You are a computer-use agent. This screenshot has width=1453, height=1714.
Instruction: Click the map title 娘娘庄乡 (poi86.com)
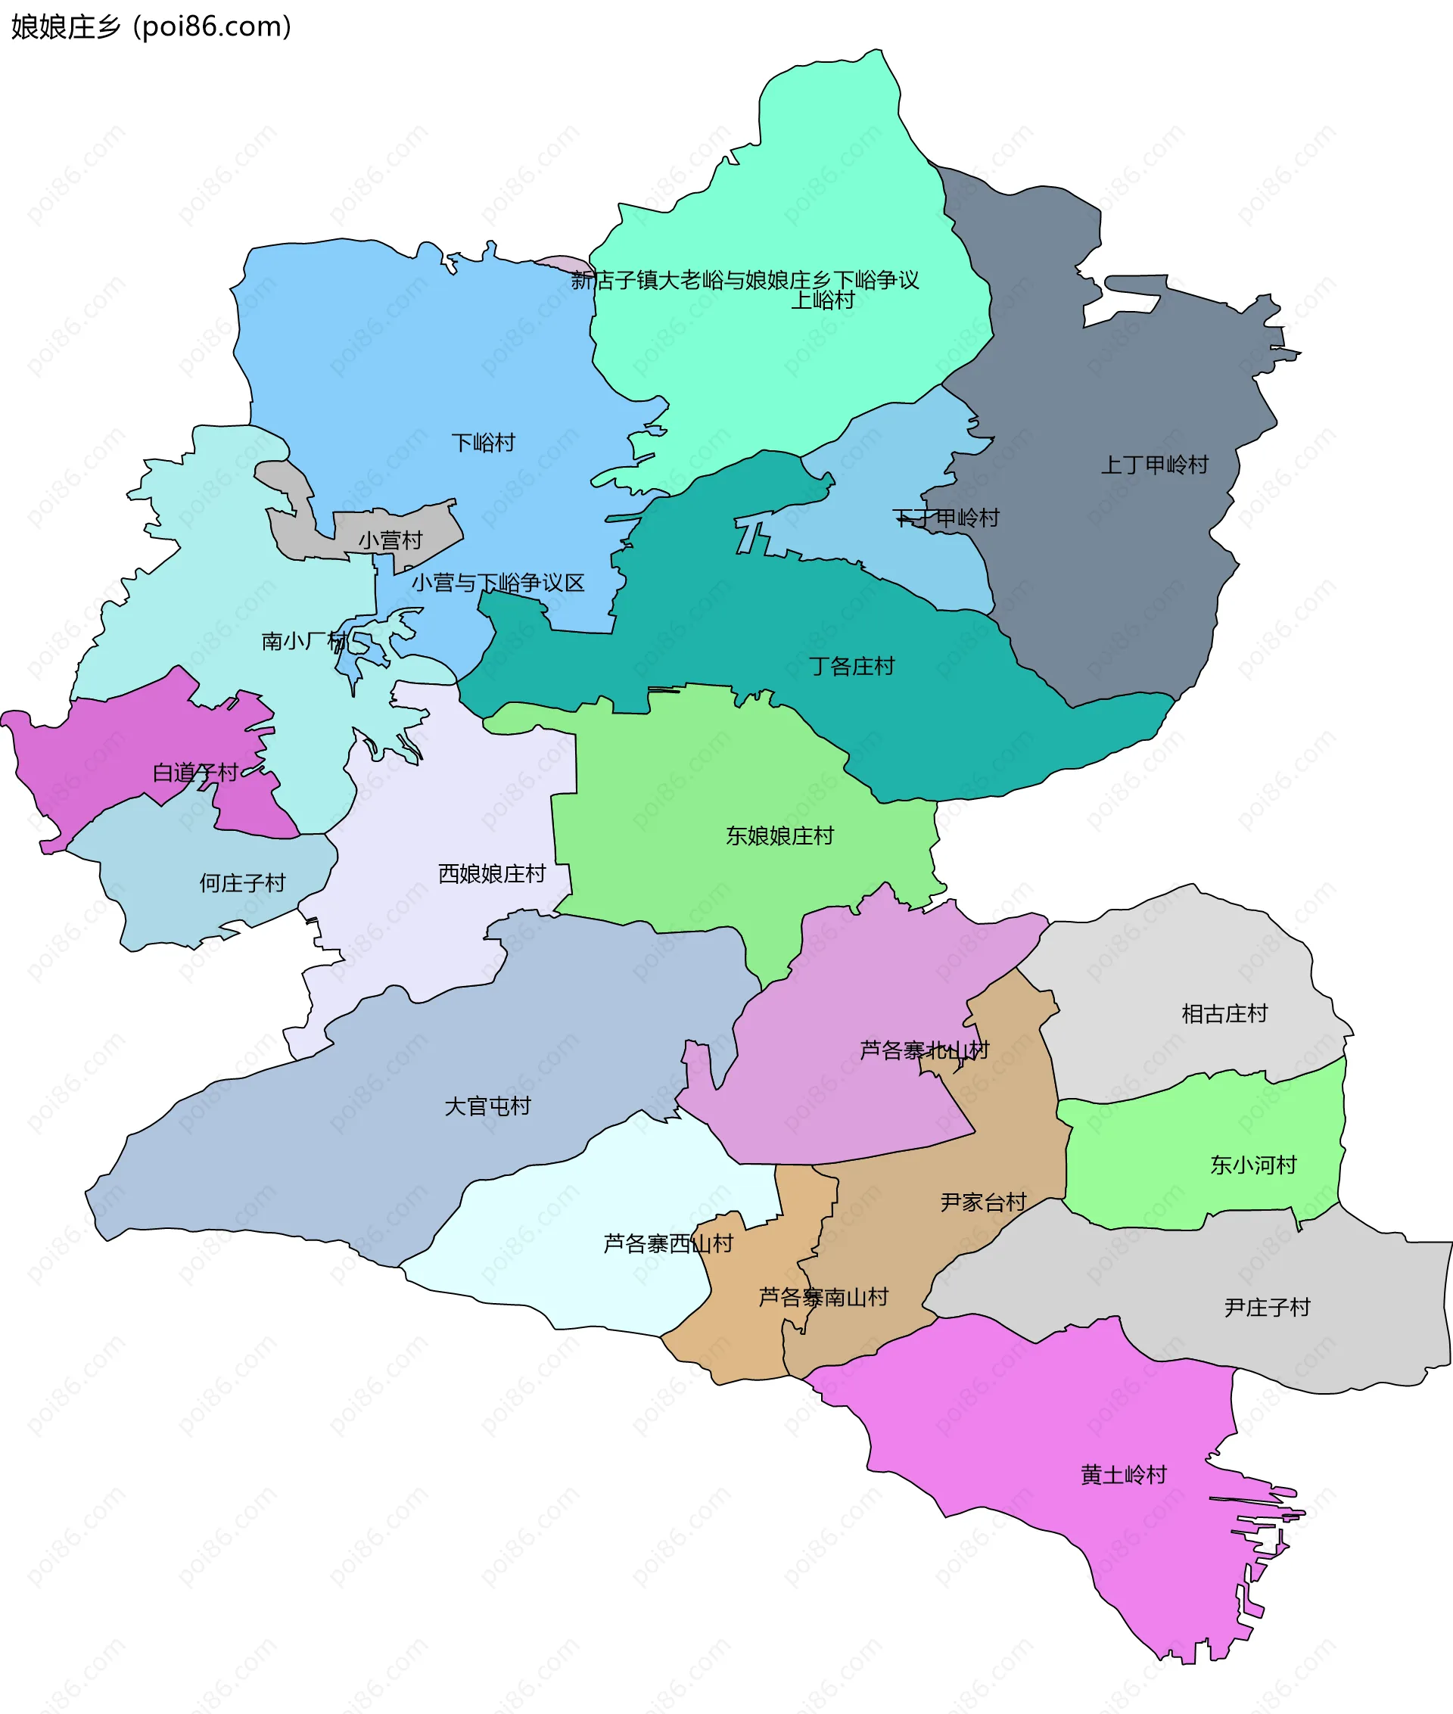[151, 27]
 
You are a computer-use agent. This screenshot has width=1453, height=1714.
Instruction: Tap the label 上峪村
[822, 300]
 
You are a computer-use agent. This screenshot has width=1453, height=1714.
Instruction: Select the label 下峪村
[484, 443]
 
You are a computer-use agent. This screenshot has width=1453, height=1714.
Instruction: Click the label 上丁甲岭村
[1154, 465]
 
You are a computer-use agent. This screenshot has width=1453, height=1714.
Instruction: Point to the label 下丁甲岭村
[946, 518]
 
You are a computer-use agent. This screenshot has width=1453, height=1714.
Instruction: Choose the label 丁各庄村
[851, 667]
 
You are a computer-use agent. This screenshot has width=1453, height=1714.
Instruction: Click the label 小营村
[390, 540]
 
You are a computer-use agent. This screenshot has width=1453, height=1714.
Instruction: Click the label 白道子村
[195, 773]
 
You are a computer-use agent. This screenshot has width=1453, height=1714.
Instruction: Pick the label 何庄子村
[242, 884]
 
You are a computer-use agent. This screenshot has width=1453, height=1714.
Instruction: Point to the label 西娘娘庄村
[492, 874]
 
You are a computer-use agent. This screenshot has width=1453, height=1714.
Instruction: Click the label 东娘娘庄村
[779, 836]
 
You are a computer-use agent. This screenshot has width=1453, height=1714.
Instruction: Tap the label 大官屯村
[487, 1106]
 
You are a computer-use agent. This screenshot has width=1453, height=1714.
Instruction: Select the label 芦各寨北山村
[923, 1050]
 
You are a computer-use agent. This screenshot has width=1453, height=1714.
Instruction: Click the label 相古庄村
[1224, 1014]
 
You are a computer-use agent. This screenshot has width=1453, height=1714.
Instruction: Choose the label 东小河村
[1253, 1165]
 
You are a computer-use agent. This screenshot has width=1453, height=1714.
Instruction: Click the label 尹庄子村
[1267, 1308]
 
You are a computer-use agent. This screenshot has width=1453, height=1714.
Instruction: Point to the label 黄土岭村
[1124, 1475]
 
